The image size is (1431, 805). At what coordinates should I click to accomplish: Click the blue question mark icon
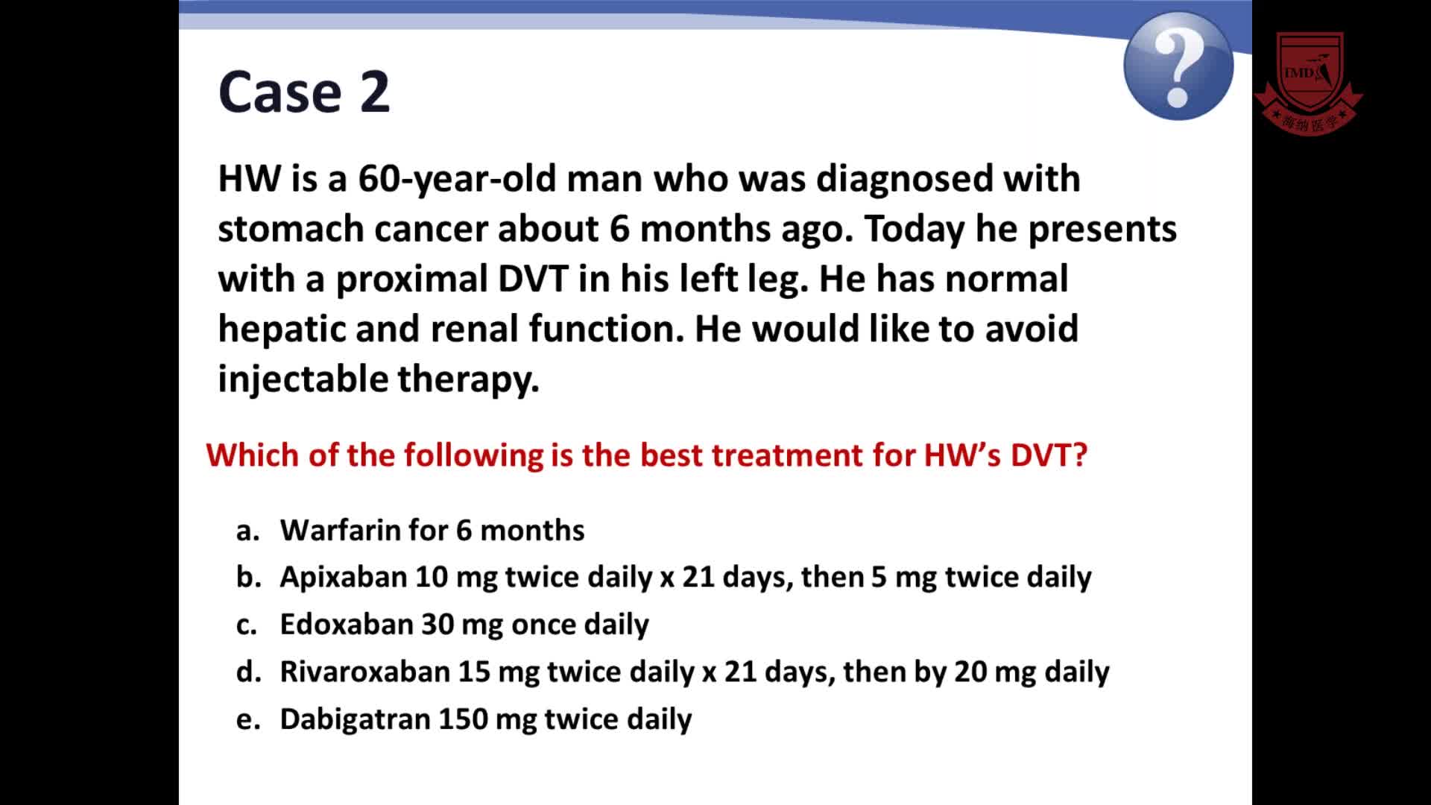[x=1178, y=66]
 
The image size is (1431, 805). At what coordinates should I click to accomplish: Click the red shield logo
[x=1309, y=83]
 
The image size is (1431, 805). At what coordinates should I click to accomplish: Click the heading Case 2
[x=304, y=92]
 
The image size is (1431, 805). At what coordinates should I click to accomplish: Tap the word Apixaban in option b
[x=343, y=577]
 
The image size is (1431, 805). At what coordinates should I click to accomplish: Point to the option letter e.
[x=248, y=720]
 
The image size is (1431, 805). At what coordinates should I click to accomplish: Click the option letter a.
[x=247, y=531]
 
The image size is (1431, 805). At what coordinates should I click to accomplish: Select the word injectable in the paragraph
[x=303, y=379]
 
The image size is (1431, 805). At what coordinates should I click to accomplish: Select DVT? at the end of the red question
[x=1049, y=455]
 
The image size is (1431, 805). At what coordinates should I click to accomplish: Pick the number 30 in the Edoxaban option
[x=437, y=625]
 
